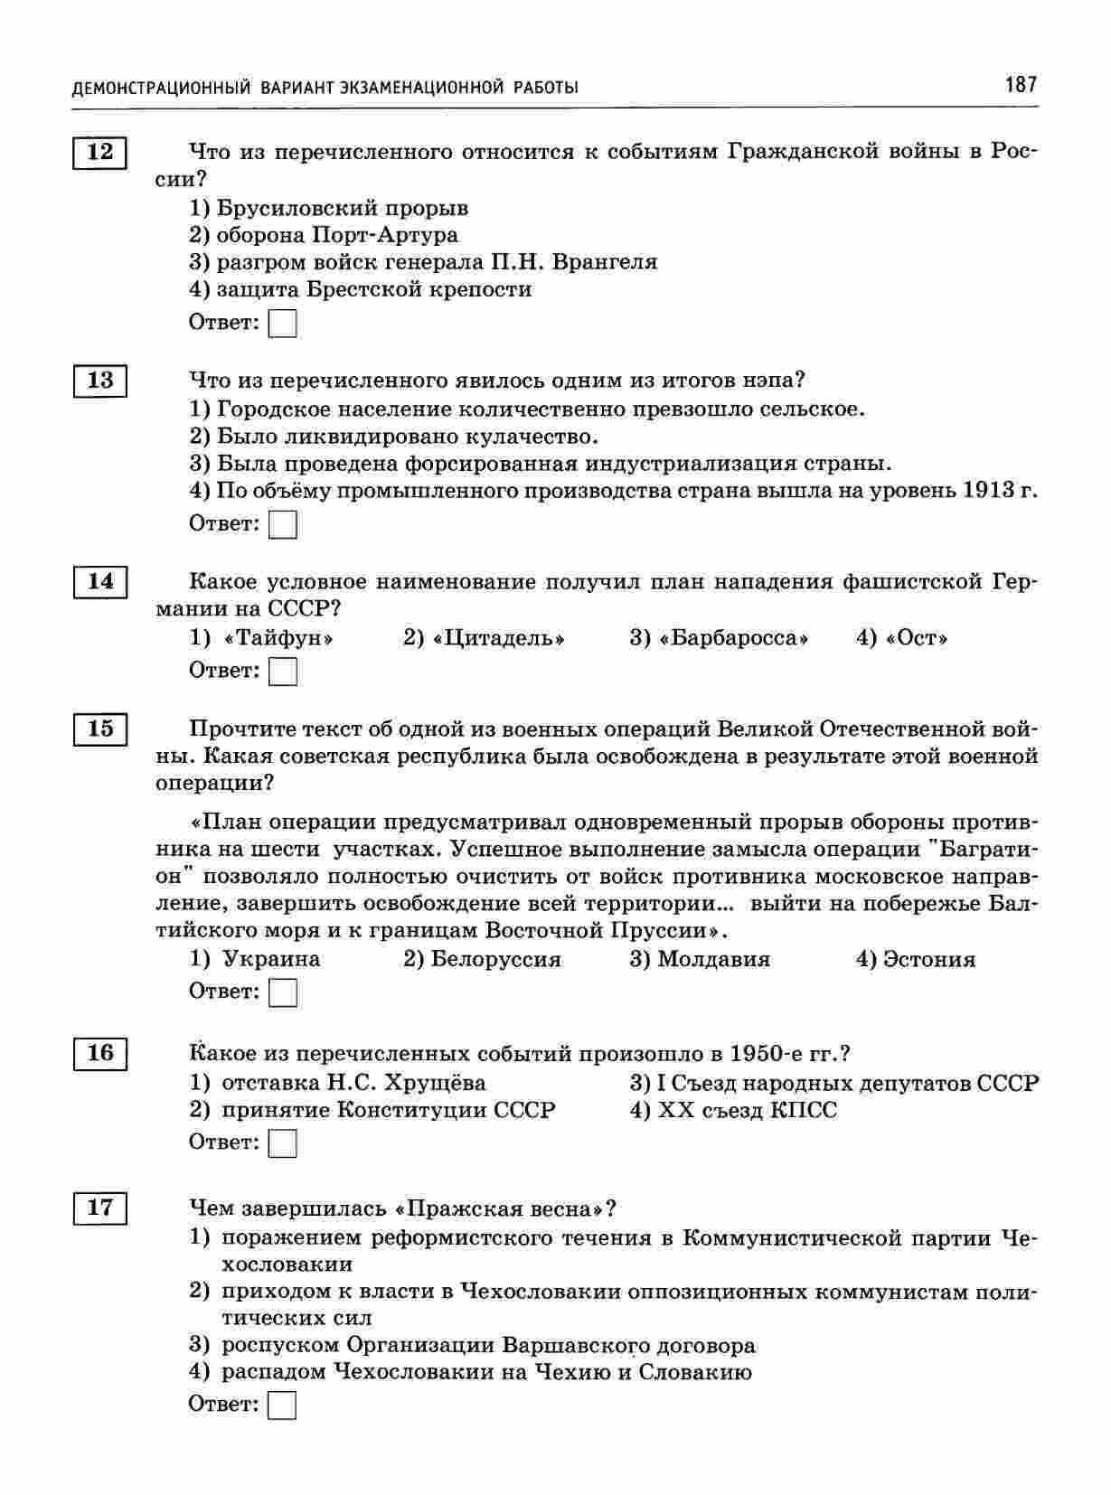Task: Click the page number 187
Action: pos(1020,85)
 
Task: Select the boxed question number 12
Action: pos(99,152)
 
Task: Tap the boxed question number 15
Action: pos(99,729)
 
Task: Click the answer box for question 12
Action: pos(283,324)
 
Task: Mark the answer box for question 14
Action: pos(283,672)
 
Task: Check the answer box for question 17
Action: pos(283,1406)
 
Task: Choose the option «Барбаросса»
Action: pos(732,638)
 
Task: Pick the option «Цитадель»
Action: pos(498,638)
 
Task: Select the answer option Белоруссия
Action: pos(495,959)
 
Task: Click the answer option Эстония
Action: pos(928,959)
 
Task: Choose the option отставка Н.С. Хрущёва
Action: pos(353,1083)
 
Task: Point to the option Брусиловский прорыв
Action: pos(342,208)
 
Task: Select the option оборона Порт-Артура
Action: pos(336,235)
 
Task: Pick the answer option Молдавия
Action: pos(713,959)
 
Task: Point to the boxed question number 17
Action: pos(99,1208)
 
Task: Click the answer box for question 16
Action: pos(283,1143)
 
